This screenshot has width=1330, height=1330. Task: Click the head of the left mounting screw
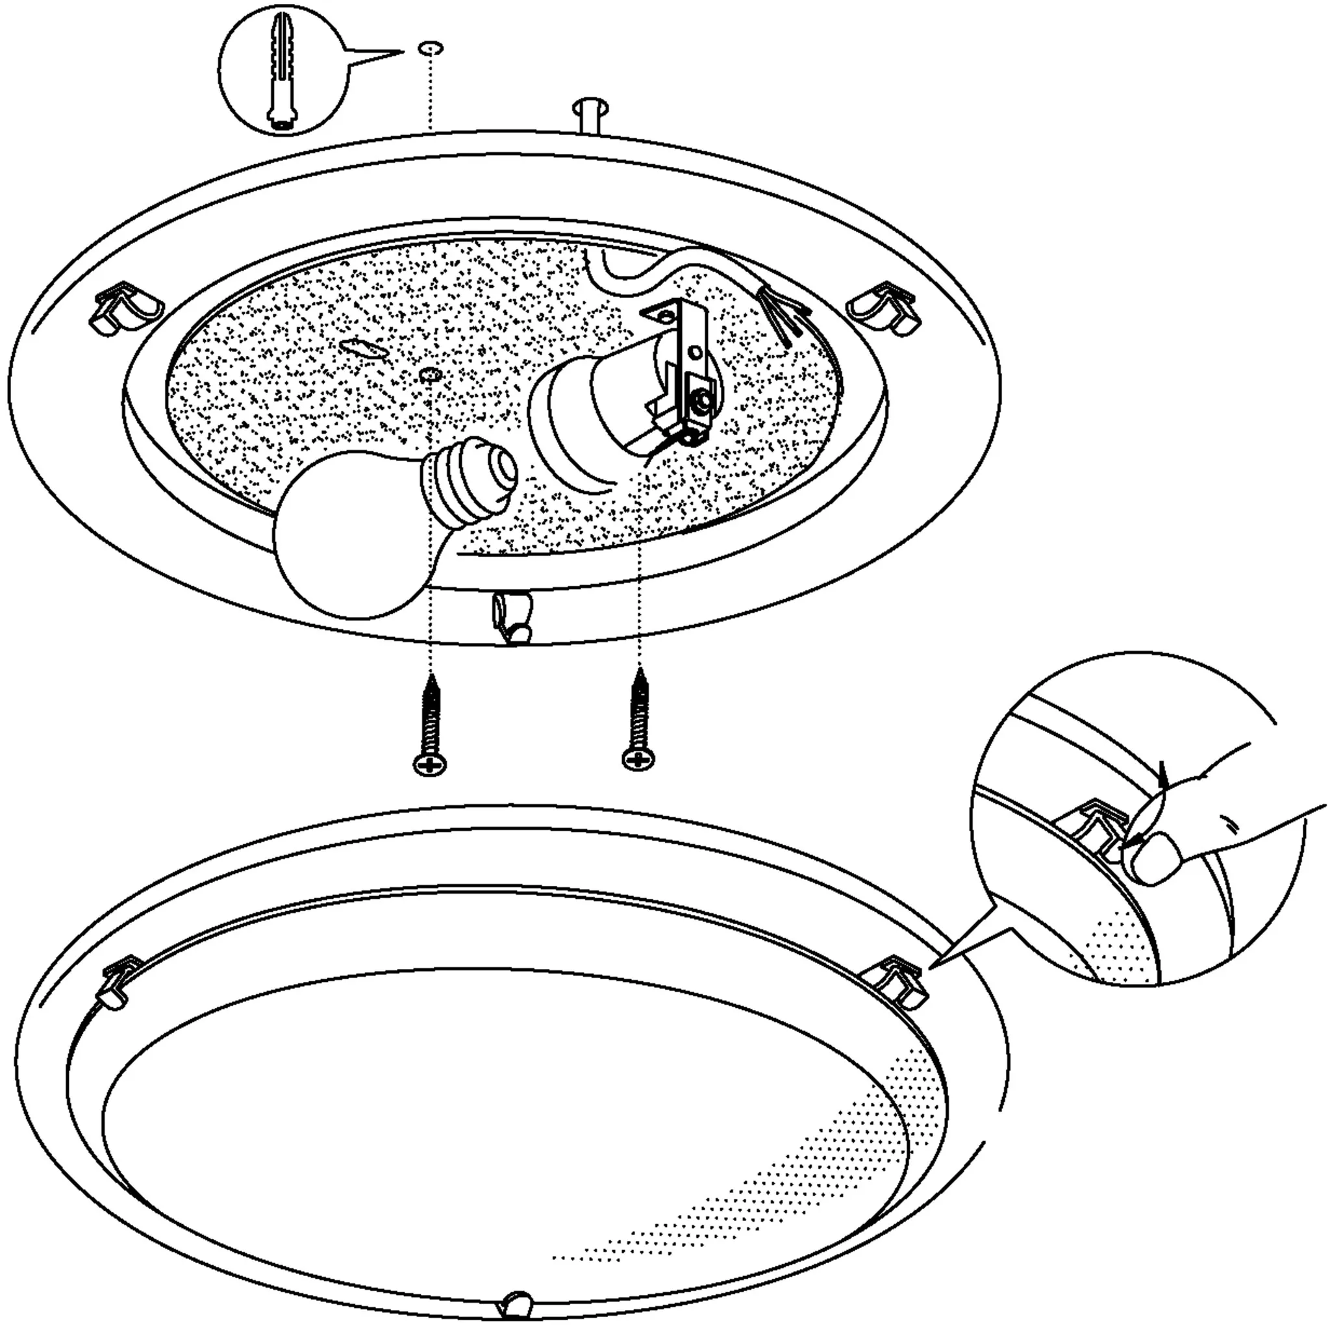point(429,763)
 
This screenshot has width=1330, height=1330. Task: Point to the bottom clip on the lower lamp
point(518,1279)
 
